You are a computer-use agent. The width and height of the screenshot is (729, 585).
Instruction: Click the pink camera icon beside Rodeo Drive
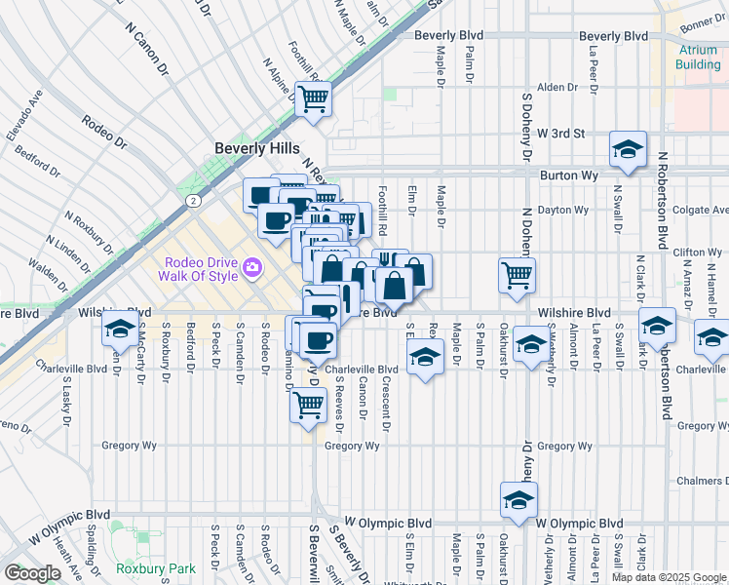[252, 266]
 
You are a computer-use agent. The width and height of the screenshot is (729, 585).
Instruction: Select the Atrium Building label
[699, 57]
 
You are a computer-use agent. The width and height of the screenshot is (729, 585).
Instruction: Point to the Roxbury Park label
[155, 568]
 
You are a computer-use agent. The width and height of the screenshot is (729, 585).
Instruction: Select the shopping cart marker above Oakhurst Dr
[517, 274]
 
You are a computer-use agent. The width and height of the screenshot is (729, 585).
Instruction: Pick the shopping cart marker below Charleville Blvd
[308, 404]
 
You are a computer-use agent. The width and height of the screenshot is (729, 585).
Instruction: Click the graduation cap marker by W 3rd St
[629, 150]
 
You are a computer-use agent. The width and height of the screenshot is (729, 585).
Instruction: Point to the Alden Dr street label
[558, 87]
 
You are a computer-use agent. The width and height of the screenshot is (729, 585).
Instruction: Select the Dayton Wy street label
[566, 209]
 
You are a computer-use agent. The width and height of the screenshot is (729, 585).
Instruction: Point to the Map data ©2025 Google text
[668, 577]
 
